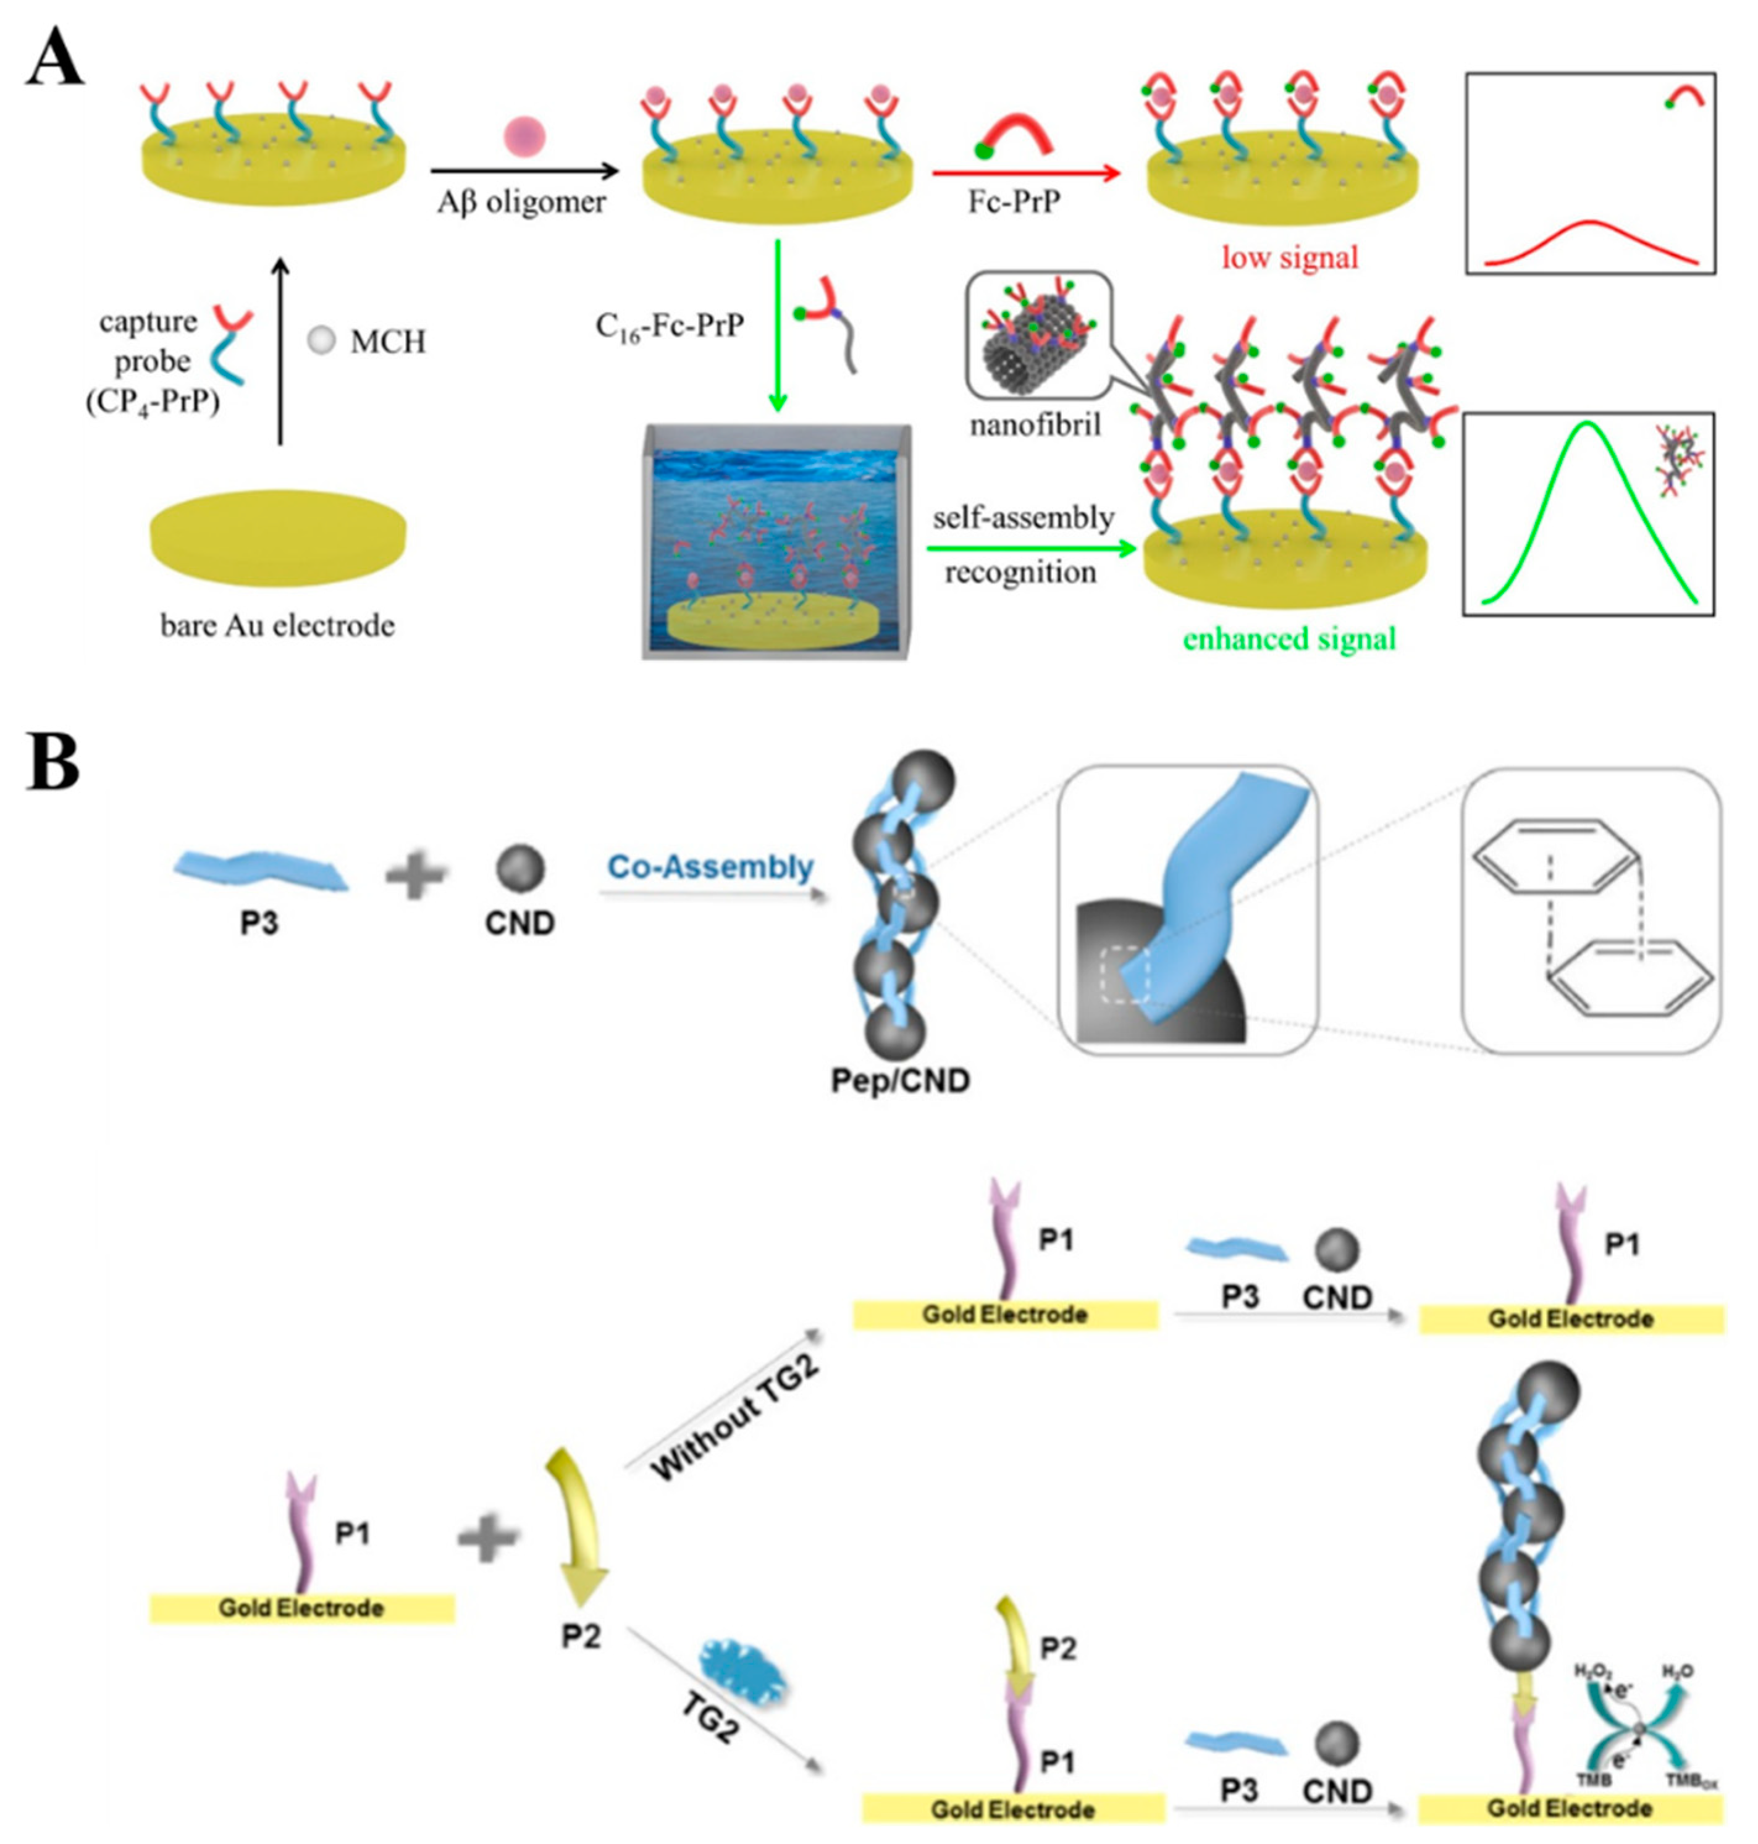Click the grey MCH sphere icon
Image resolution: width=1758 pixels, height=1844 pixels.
pos(321,341)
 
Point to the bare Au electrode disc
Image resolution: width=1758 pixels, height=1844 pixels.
pos(279,537)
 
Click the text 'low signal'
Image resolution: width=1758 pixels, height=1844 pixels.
pos(1289,257)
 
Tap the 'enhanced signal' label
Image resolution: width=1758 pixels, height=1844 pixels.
pos(1289,639)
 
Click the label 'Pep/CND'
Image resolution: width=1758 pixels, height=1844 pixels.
pos(899,1080)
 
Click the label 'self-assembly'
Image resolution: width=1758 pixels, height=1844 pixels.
pos(1024,518)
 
